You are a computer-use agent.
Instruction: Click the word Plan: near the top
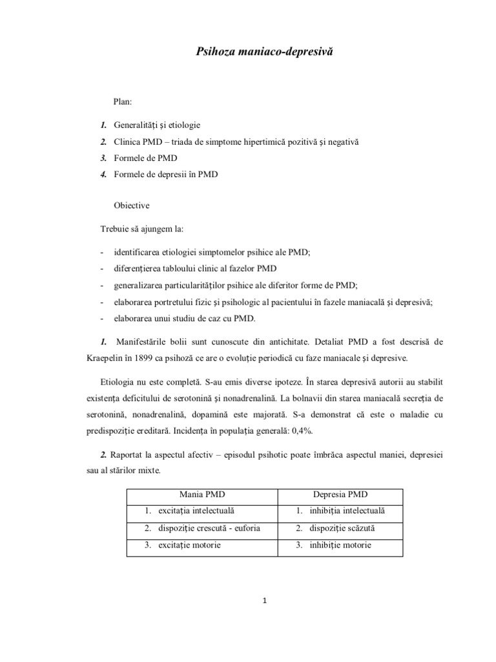123,101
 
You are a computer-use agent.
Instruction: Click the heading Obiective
131,206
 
